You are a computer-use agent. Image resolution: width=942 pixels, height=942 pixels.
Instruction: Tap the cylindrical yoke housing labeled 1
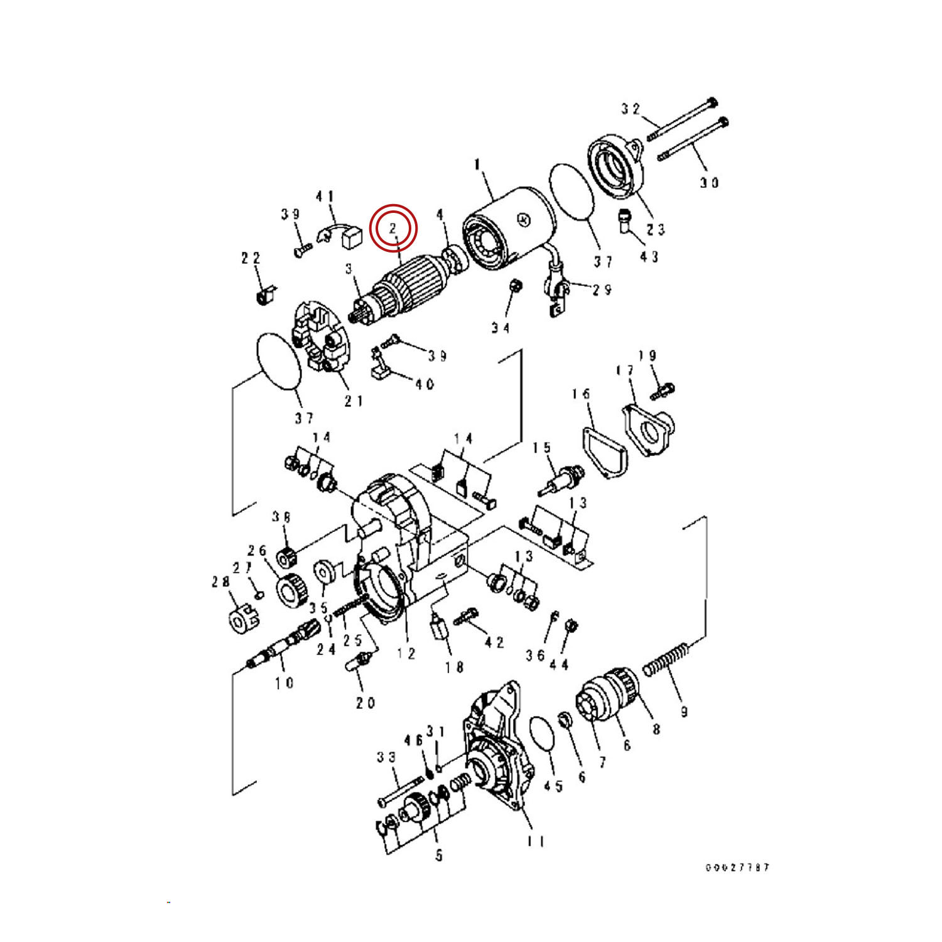coord(509,226)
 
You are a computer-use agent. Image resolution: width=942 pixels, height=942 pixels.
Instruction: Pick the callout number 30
coord(709,183)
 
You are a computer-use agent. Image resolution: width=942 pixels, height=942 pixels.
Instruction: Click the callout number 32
coord(631,109)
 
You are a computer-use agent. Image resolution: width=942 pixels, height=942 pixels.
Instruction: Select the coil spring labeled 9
coord(667,659)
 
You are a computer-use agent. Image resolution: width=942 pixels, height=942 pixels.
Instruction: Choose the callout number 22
coord(251,258)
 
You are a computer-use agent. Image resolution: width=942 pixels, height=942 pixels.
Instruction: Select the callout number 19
coord(647,356)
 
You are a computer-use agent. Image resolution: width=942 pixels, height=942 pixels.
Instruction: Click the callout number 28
coord(220,582)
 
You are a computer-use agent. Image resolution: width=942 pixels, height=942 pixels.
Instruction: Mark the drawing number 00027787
coord(737,867)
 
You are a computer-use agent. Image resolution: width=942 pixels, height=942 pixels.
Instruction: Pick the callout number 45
coord(553,786)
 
